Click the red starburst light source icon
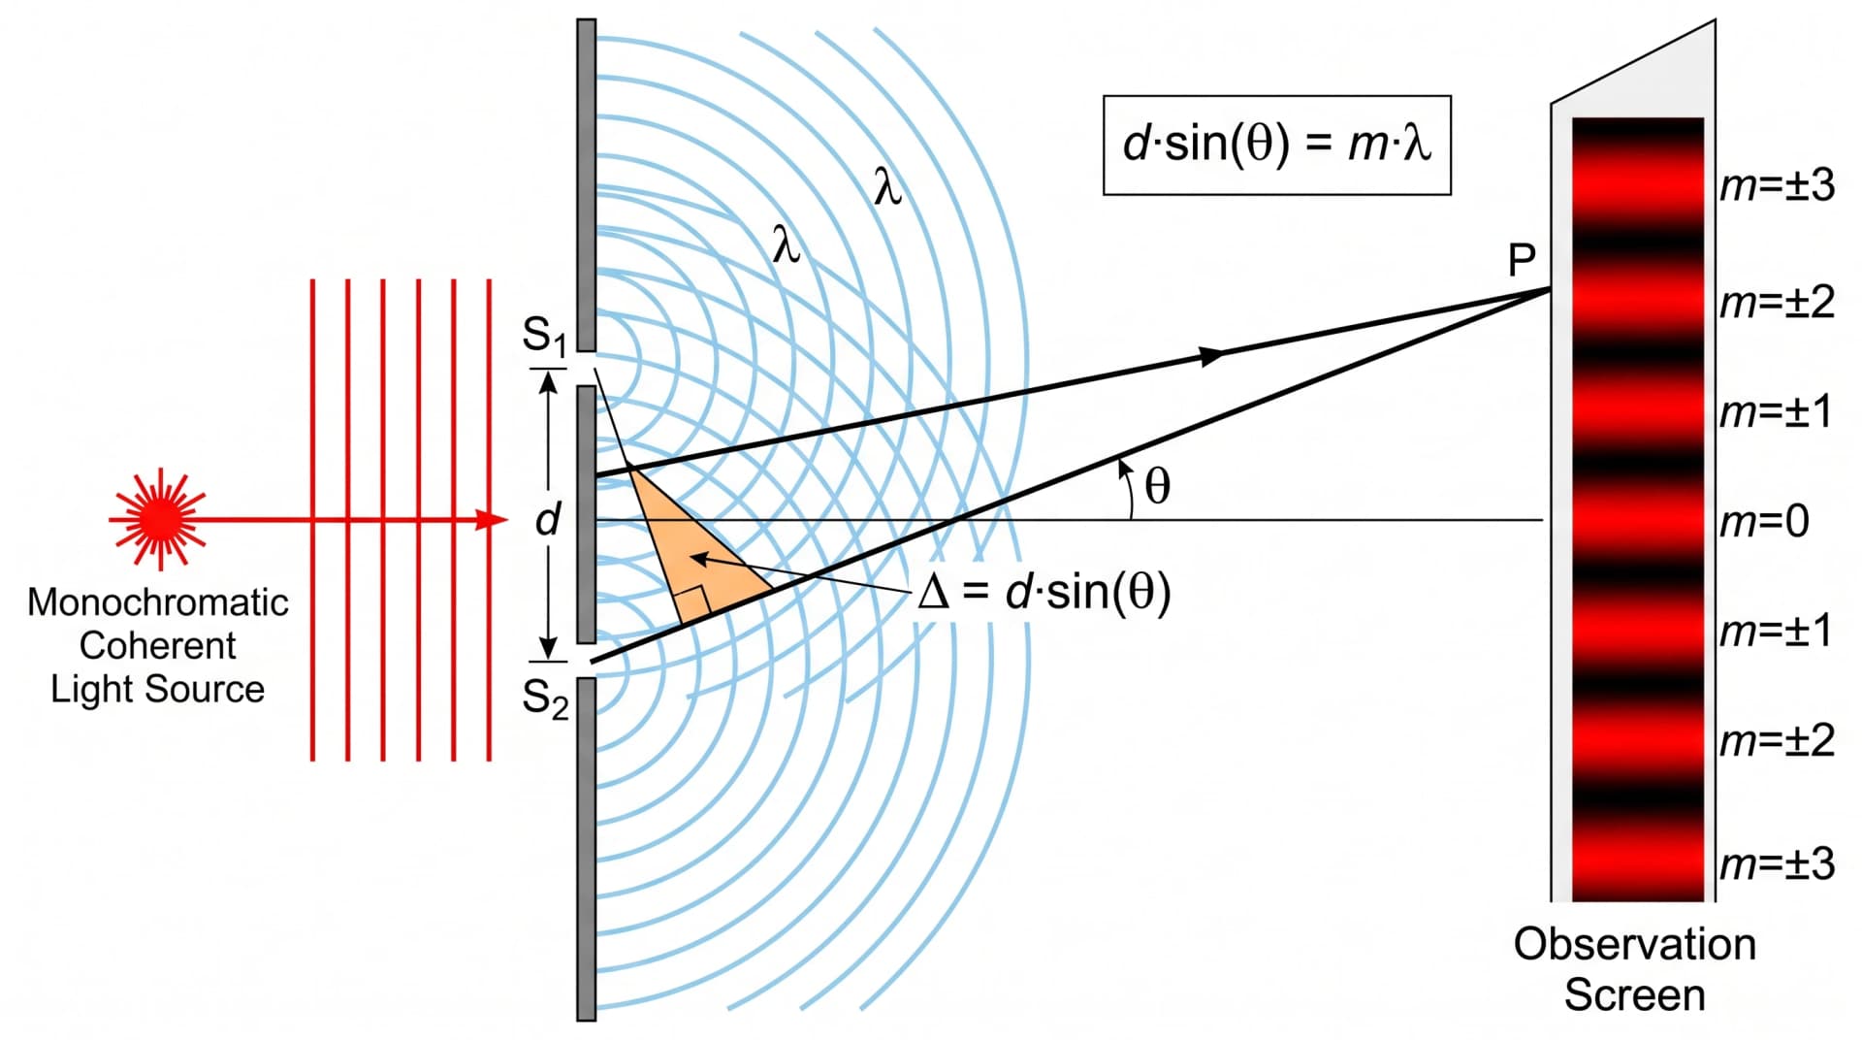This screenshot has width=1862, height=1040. [x=157, y=519]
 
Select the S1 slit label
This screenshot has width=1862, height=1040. [x=544, y=336]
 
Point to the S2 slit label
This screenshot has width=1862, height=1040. [x=545, y=699]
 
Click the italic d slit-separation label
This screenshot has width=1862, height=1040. [x=548, y=519]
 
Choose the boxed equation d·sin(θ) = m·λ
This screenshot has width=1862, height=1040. [x=1276, y=145]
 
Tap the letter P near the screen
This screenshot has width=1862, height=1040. [x=1522, y=260]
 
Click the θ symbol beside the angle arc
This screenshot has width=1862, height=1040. [x=1157, y=485]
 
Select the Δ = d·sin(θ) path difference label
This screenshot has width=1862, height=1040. [x=1043, y=591]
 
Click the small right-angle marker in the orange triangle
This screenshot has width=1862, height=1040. [x=697, y=605]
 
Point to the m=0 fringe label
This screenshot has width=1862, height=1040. [x=1764, y=522]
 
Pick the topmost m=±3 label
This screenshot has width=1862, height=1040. [x=1777, y=184]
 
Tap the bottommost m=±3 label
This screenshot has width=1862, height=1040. [x=1777, y=862]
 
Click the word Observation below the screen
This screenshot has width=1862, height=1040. [x=1634, y=944]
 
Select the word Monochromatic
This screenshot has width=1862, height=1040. [x=158, y=602]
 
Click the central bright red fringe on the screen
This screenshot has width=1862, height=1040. [x=1637, y=521]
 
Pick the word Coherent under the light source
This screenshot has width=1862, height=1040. [x=158, y=645]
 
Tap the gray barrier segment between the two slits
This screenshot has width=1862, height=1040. [x=587, y=514]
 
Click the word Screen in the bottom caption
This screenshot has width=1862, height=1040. [x=1634, y=995]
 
